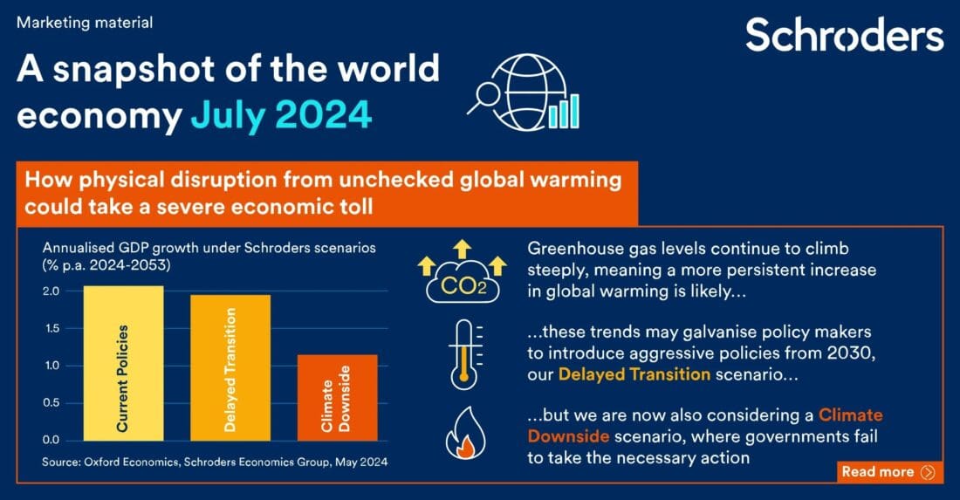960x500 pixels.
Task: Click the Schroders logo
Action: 844,35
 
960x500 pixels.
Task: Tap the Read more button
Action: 888,472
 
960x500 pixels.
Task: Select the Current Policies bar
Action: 123,363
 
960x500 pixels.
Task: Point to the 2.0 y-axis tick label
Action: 51,291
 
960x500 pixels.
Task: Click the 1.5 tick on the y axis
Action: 51,328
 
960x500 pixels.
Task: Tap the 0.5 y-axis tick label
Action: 51,402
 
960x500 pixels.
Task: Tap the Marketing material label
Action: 85,23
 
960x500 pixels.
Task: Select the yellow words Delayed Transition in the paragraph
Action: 634,375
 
